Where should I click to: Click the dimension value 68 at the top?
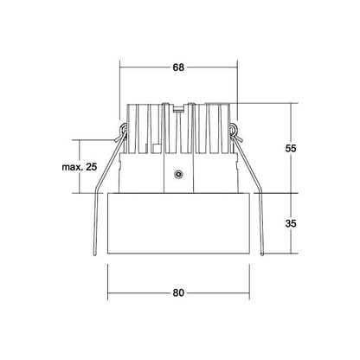click(x=178, y=67)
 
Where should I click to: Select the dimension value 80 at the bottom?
click(x=178, y=292)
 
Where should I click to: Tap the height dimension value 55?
click(x=291, y=149)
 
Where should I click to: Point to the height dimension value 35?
click(x=291, y=223)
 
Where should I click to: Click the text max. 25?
click(x=80, y=167)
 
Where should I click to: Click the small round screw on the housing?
click(x=178, y=174)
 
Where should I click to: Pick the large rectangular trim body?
click(x=178, y=223)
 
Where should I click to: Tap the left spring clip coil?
click(x=124, y=129)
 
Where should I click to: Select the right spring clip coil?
click(x=233, y=129)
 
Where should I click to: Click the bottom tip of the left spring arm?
click(x=94, y=254)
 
